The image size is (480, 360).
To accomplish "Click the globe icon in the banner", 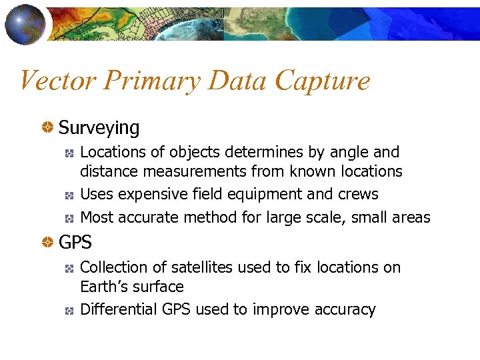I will [x=25, y=23].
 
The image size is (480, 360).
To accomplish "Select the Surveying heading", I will [x=99, y=127].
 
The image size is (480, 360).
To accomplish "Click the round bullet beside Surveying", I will [x=48, y=127].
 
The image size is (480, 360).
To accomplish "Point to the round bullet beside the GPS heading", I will [x=48, y=243].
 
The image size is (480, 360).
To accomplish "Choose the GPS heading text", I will [x=75, y=243].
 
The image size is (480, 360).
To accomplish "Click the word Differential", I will [x=118, y=309].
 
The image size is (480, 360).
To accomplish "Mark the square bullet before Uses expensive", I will [x=68, y=195].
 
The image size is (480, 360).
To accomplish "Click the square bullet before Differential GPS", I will [x=68, y=310].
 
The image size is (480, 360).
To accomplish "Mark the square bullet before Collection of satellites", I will [x=68, y=268].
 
